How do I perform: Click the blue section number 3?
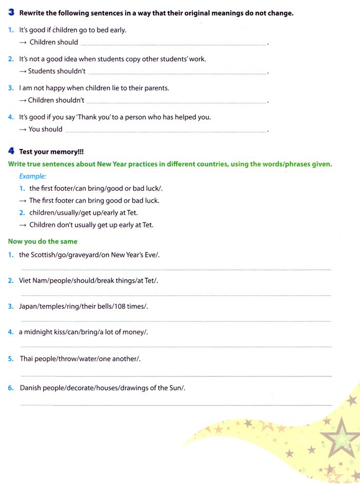click(11, 13)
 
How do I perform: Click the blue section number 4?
click(11, 152)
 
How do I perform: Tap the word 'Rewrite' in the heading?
click(32, 13)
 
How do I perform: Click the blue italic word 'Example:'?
click(33, 176)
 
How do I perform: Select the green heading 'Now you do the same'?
click(43, 241)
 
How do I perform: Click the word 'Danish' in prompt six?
click(31, 388)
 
